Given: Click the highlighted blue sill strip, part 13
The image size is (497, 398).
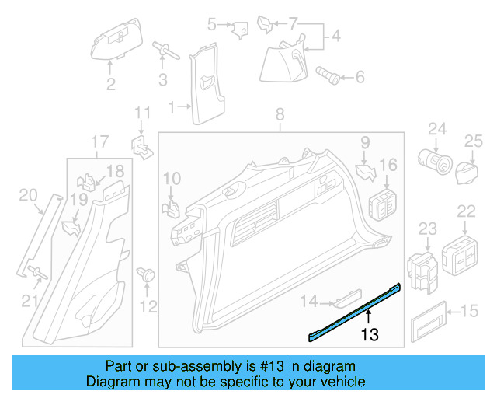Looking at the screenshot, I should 353,312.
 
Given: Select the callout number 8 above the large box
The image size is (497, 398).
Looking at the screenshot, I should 280,117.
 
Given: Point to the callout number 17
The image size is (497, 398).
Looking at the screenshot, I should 99,141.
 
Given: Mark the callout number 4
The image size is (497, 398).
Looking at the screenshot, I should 335,37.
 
